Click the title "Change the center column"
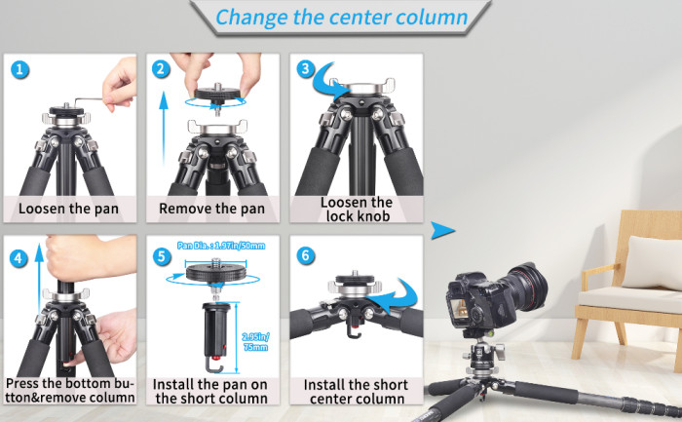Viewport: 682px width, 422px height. click(x=341, y=18)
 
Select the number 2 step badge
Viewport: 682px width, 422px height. click(x=162, y=69)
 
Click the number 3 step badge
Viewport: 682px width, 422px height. click(x=306, y=69)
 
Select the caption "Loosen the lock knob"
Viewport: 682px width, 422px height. click(x=356, y=209)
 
